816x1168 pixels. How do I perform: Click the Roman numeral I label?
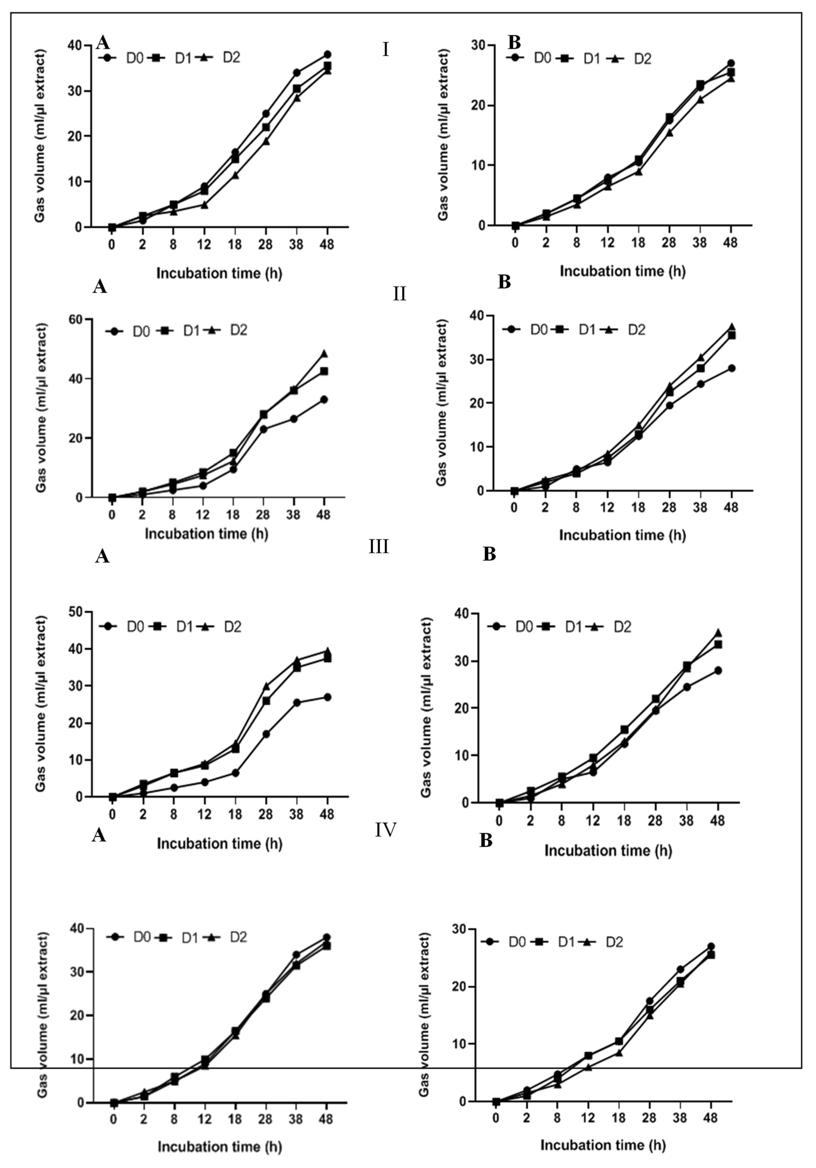(x=385, y=50)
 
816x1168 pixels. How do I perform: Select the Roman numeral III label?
(x=378, y=547)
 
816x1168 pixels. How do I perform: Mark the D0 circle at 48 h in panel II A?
(x=323, y=399)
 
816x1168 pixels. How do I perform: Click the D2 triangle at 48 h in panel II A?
(x=323, y=353)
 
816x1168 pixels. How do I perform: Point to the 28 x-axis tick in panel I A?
(x=265, y=245)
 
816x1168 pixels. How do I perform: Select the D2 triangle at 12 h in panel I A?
(x=204, y=204)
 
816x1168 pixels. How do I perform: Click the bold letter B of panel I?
(x=514, y=43)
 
